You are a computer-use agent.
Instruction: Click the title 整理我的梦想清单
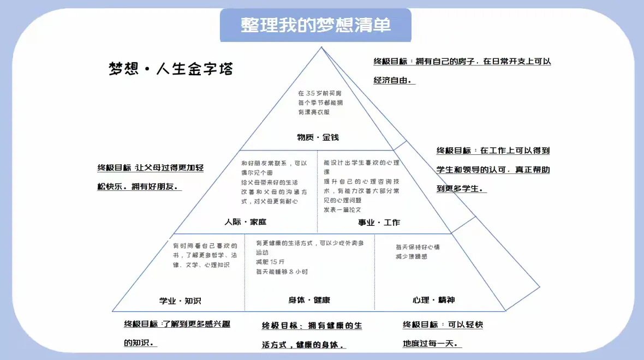click(x=315, y=25)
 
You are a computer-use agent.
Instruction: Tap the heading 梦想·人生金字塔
click(x=171, y=69)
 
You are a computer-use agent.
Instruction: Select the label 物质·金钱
click(x=318, y=137)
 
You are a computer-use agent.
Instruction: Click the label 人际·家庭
click(x=245, y=222)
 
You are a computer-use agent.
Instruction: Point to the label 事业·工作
click(x=379, y=222)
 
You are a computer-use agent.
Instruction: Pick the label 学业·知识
click(x=180, y=301)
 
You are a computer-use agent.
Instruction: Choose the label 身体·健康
click(x=309, y=300)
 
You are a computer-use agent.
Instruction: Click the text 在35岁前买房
click(x=320, y=93)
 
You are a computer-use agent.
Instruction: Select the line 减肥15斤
click(x=270, y=262)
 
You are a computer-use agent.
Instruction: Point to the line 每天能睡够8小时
click(x=282, y=272)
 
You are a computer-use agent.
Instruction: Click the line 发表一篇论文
click(x=342, y=209)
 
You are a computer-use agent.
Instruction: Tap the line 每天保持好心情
click(x=418, y=247)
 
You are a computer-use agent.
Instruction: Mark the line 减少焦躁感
click(x=411, y=256)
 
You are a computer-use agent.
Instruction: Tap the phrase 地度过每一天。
click(x=431, y=344)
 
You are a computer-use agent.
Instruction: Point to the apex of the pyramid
click(x=321, y=48)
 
